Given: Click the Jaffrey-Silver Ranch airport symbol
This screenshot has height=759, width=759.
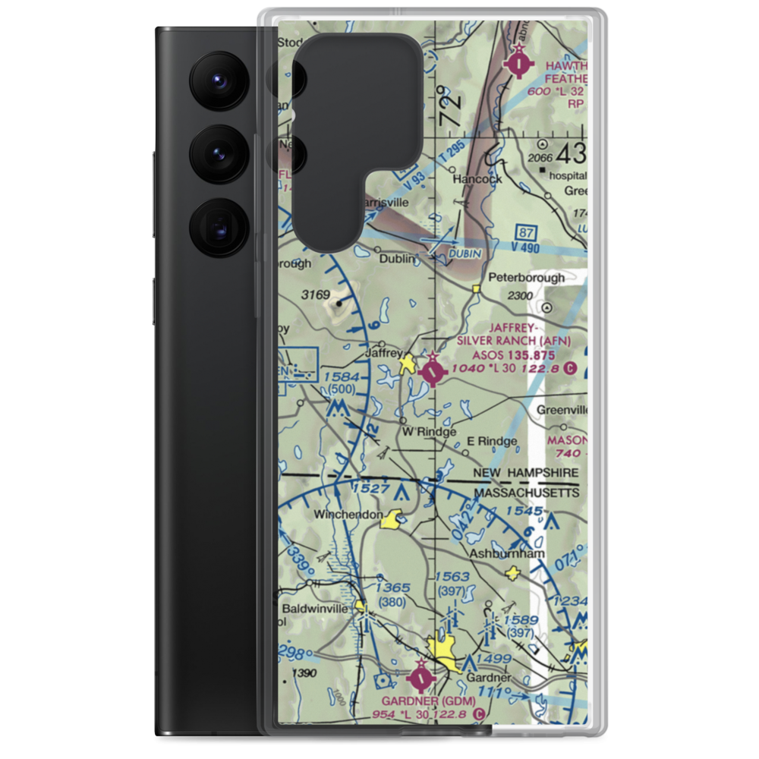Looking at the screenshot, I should tap(433, 371).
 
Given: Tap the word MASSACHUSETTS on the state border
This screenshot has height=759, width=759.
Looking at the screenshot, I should tap(527, 493).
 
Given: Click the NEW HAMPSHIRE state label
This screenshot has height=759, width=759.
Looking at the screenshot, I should tap(525, 473).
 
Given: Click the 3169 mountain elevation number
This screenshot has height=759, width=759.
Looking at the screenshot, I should tap(316, 294).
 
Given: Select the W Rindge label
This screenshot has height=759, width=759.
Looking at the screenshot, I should tap(429, 432).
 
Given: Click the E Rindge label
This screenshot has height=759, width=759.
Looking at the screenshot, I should tap(492, 441).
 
